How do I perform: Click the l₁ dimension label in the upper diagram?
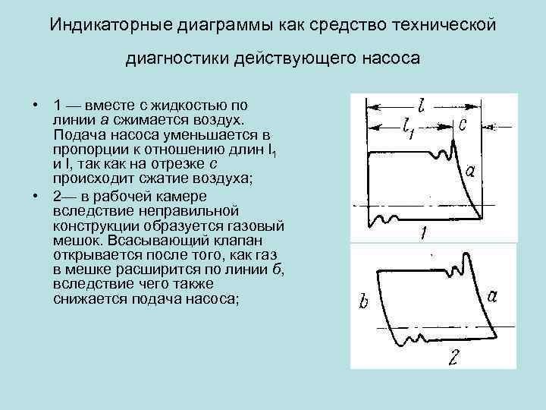[x=410, y=129]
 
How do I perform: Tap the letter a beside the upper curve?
[x=470, y=172]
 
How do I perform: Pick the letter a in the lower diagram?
[x=492, y=296]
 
